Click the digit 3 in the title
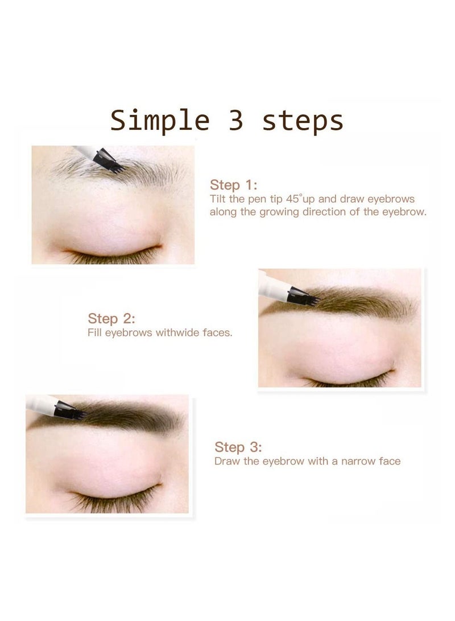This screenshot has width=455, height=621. click(236, 121)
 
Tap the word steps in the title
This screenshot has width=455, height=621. click(303, 122)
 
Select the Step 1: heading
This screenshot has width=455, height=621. click(233, 185)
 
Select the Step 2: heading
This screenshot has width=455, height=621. click(111, 318)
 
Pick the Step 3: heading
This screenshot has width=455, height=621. click(238, 447)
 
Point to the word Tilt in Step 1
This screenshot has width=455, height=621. click(218, 199)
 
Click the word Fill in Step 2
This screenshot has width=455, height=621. click(94, 332)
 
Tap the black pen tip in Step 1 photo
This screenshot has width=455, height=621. click(110, 161)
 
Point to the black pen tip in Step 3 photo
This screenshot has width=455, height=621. click(71, 411)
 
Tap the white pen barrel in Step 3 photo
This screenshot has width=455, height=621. click(41, 405)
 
